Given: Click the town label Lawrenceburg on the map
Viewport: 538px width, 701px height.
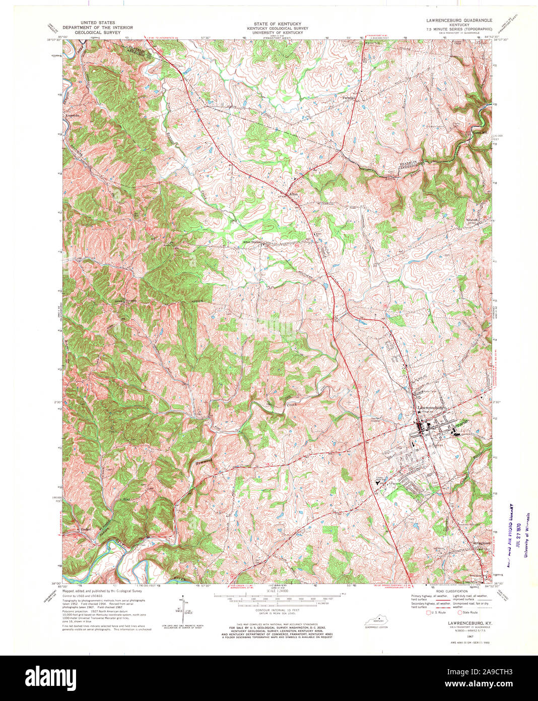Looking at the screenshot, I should point(429,407).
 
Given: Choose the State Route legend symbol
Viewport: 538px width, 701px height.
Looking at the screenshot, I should point(459,613).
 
